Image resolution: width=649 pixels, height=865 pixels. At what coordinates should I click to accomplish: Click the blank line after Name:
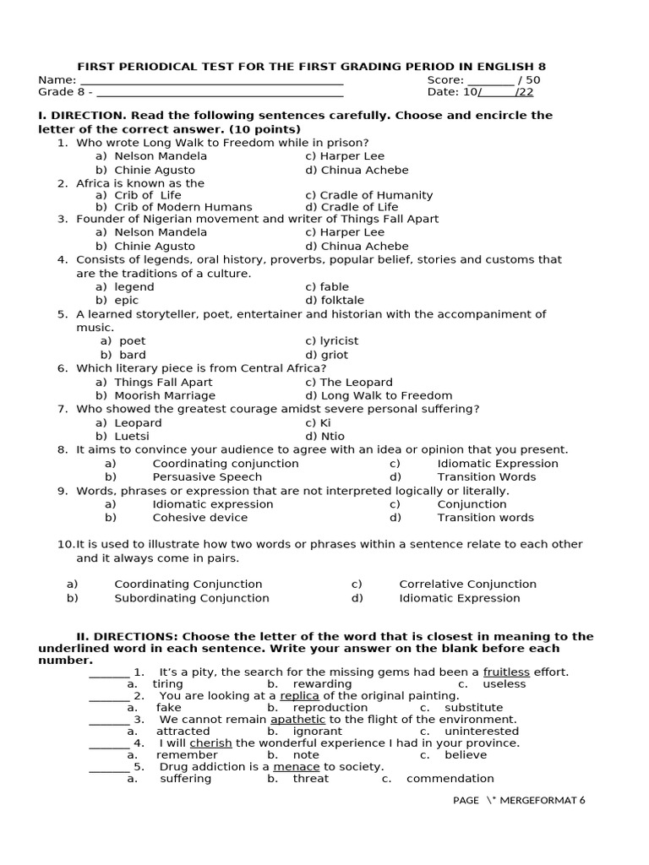[x=211, y=81]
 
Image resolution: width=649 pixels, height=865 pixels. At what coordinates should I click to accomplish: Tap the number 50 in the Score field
[x=532, y=80]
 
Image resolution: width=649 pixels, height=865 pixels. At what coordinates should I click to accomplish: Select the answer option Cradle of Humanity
[x=368, y=195]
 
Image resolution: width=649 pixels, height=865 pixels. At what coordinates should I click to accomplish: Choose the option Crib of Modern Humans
[x=183, y=207]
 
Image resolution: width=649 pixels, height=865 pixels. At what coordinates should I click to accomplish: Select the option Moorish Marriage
[x=165, y=395]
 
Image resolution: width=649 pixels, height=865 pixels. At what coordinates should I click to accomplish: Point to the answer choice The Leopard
[x=348, y=382]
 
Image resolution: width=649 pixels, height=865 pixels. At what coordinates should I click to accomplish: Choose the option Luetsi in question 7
[x=132, y=436]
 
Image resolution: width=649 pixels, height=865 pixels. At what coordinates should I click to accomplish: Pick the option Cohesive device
[x=200, y=517]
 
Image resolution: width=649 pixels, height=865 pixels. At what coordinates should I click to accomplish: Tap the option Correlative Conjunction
[x=467, y=584]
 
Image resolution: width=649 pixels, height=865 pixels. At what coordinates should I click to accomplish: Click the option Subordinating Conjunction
[x=192, y=598]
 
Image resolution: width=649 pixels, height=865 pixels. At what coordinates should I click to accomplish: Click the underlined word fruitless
[x=506, y=672]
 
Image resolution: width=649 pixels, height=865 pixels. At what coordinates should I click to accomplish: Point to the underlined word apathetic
[x=297, y=720]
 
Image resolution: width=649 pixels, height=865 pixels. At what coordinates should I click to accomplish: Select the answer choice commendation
[x=450, y=779]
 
